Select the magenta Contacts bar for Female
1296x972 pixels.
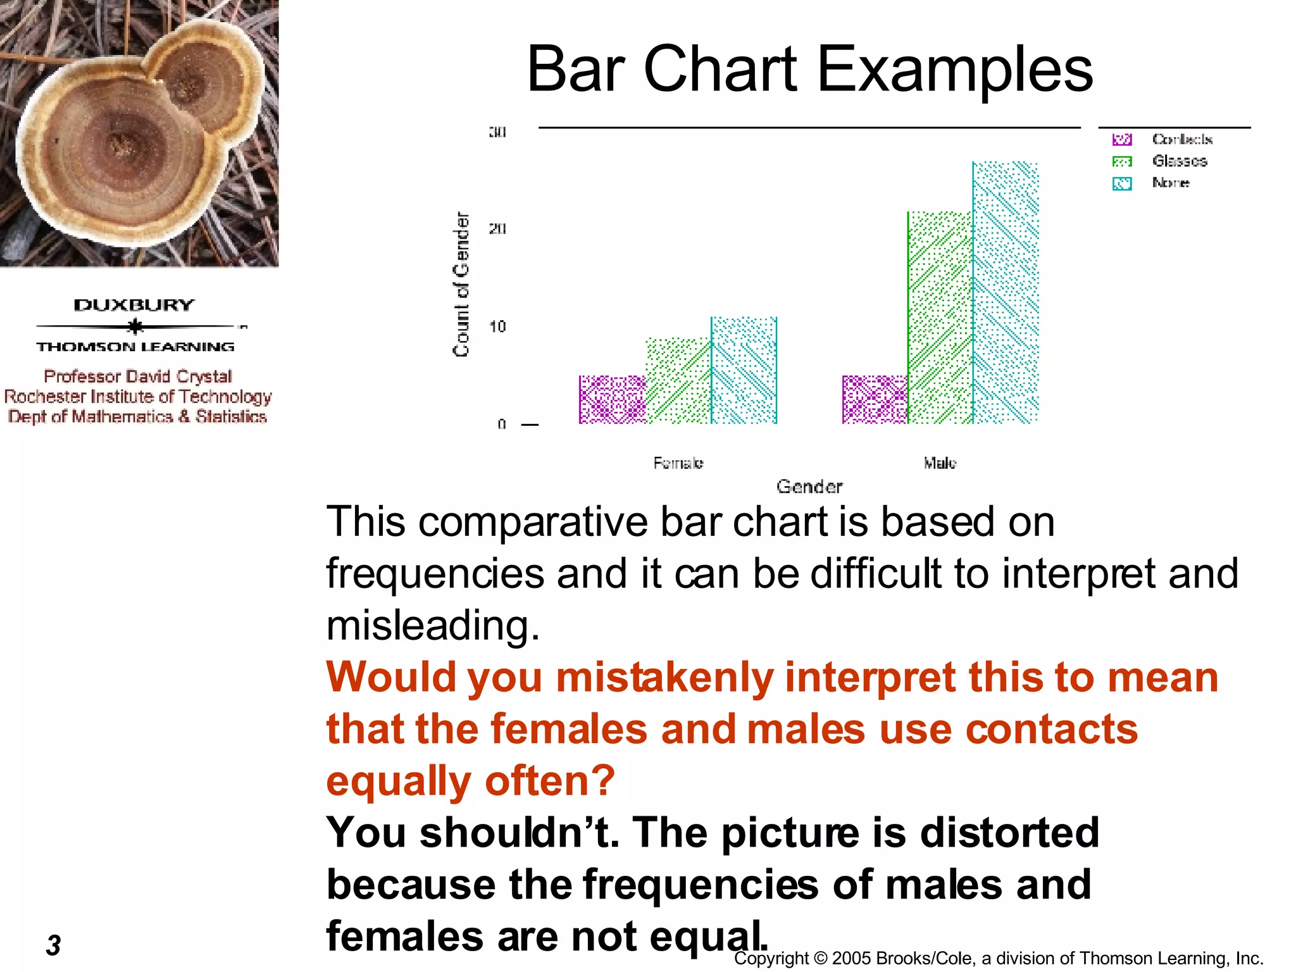pos(612,399)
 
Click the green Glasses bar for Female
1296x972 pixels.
pos(678,381)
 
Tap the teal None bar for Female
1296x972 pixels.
pos(744,370)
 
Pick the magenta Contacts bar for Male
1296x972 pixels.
pos(875,399)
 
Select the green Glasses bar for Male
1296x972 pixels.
pos(940,318)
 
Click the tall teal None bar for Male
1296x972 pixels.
pos(1006,292)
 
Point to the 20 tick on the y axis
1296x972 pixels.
pos(497,228)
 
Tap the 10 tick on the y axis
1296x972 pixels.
pos(497,327)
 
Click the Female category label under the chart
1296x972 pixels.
pos(678,463)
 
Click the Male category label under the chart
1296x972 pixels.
pos(940,463)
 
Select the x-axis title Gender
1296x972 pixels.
pos(809,487)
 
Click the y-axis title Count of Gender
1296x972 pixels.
pos(461,284)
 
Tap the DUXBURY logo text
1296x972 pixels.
pos(134,305)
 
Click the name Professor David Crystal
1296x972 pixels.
pos(138,377)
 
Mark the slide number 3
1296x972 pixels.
pos(54,945)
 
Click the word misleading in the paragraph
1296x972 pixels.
pos(432,625)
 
